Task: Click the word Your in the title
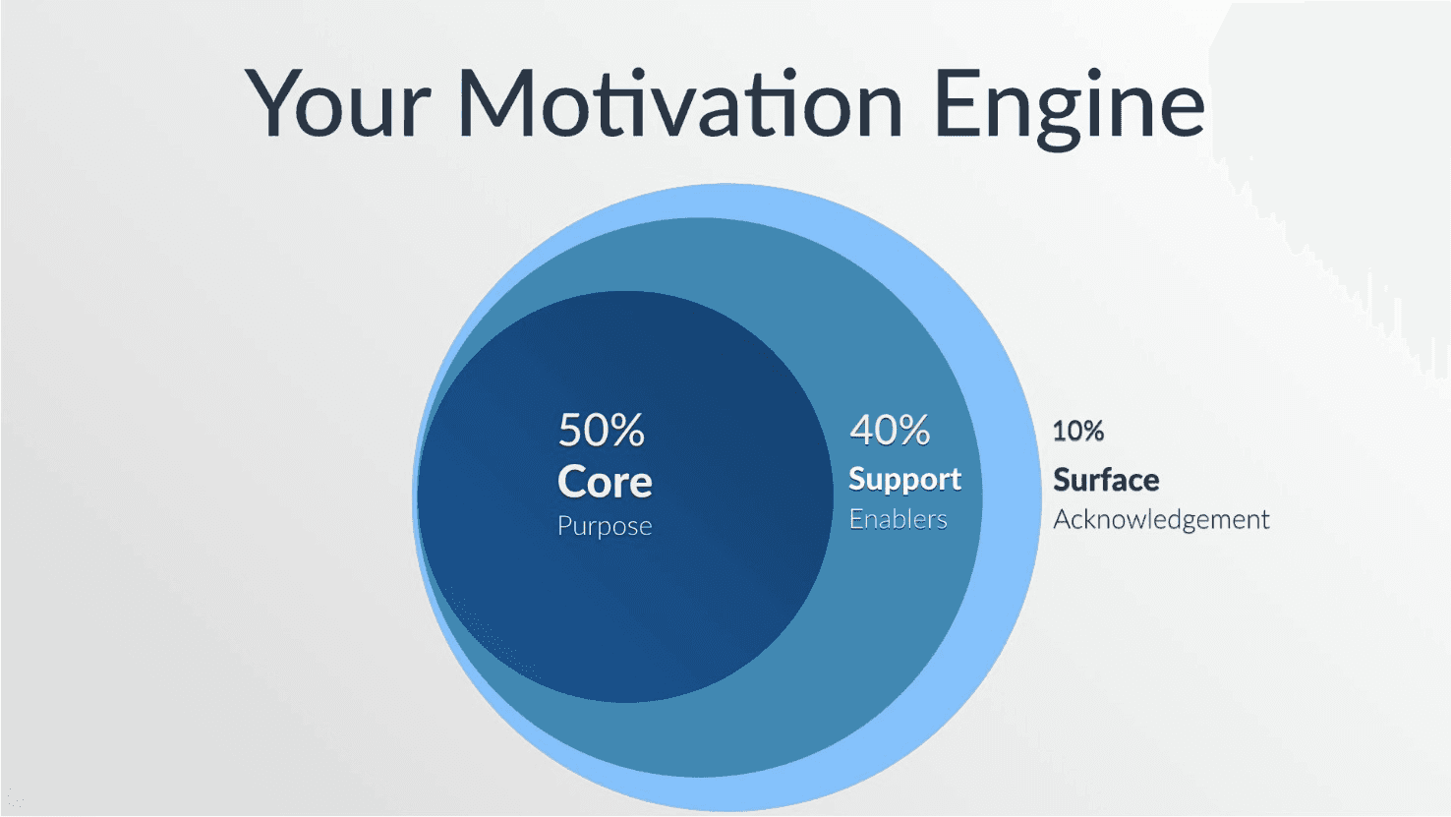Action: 337,103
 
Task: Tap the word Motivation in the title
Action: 679,102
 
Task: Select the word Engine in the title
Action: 1069,109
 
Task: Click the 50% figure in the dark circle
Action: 601,430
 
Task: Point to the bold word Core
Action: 605,482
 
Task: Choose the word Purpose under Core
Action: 605,526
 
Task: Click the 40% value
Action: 890,430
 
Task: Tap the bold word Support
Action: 905,480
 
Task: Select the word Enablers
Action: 898,519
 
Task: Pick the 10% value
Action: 1078,431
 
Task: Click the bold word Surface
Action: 1106,480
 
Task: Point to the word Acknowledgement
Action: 1161,520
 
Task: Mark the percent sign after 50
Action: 626,431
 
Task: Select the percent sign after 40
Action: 911,431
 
